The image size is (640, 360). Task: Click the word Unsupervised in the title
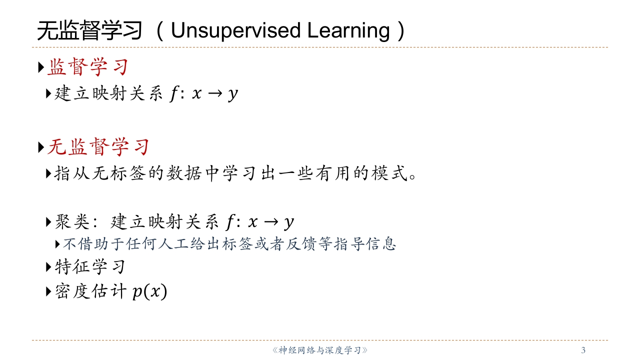pyautogui.click(x=235, y=31)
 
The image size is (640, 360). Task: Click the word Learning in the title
pyautogui.click(x=348, y=31)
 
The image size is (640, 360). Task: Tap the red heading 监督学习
pyautogui.click(x=87, y=67)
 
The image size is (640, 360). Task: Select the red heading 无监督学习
pyautogui.click(x=98, y=147)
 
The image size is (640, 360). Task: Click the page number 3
pyautogui.click(x=583, y=349)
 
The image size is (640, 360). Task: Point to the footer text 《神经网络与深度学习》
pyautogui.click(x=320, y=350)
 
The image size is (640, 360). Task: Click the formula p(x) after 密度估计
pyautogui.click(x=149, y=291)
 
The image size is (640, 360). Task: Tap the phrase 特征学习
pyautogui.click(x=90, y=267)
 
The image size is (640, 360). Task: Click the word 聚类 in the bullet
pyautogui.click(x=72, y=221)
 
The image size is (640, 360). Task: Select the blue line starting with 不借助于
pyautogui.click(x=229, y=244)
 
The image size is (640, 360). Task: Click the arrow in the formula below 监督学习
pyautogui.click(x=215, y=93)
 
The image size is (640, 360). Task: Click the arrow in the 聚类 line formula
pyautogui.click(x=271, y=221)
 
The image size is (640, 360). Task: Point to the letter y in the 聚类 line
pyautogui.click(x=289, y=223)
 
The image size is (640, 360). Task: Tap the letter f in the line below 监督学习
pyautogui.click(x=173, y=93)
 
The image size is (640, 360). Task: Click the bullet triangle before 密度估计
pyautogui.click(x=48, y=291)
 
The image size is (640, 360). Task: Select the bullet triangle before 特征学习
pyautogui.click(x=48, y=267)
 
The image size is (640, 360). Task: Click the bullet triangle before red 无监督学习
pyautogui.click(x=41, y=147)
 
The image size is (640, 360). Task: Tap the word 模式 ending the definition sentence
pyautogui.click(x=389, y=173)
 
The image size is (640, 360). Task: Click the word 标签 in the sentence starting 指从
pyautogui.click(x=127, y=173)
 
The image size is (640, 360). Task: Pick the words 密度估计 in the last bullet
pyautogui.click(x=90, y=291)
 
